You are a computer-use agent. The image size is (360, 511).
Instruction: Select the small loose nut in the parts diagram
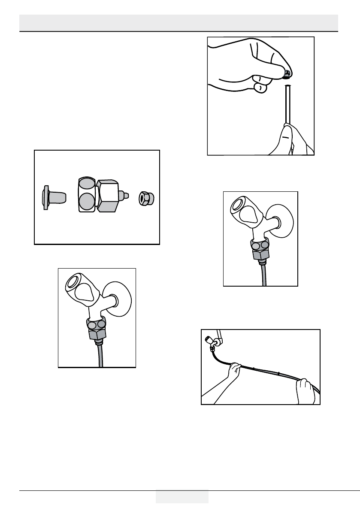click(146, 198)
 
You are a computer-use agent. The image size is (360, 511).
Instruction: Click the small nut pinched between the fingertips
click(287, 75)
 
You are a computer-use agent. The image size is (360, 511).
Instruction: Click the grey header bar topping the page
click(179, 22)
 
